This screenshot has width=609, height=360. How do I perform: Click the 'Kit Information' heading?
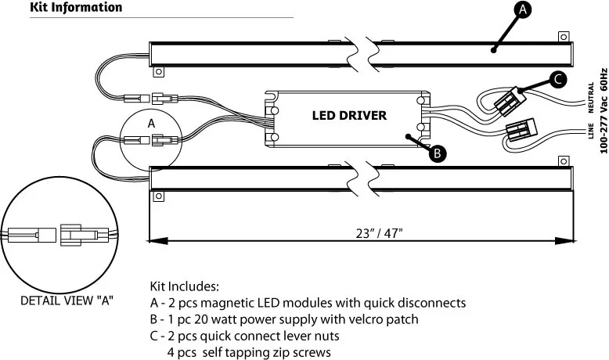[76, 8]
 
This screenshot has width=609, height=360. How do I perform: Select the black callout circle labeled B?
[439, 154]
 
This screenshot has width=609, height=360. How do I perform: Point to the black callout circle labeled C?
[557, 79]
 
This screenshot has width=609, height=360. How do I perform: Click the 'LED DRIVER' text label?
[349, 116]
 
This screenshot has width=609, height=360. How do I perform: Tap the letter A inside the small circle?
[152, 123]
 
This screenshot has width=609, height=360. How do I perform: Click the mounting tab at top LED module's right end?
[562, 36]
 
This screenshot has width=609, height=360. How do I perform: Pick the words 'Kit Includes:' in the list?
[184, 286]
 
